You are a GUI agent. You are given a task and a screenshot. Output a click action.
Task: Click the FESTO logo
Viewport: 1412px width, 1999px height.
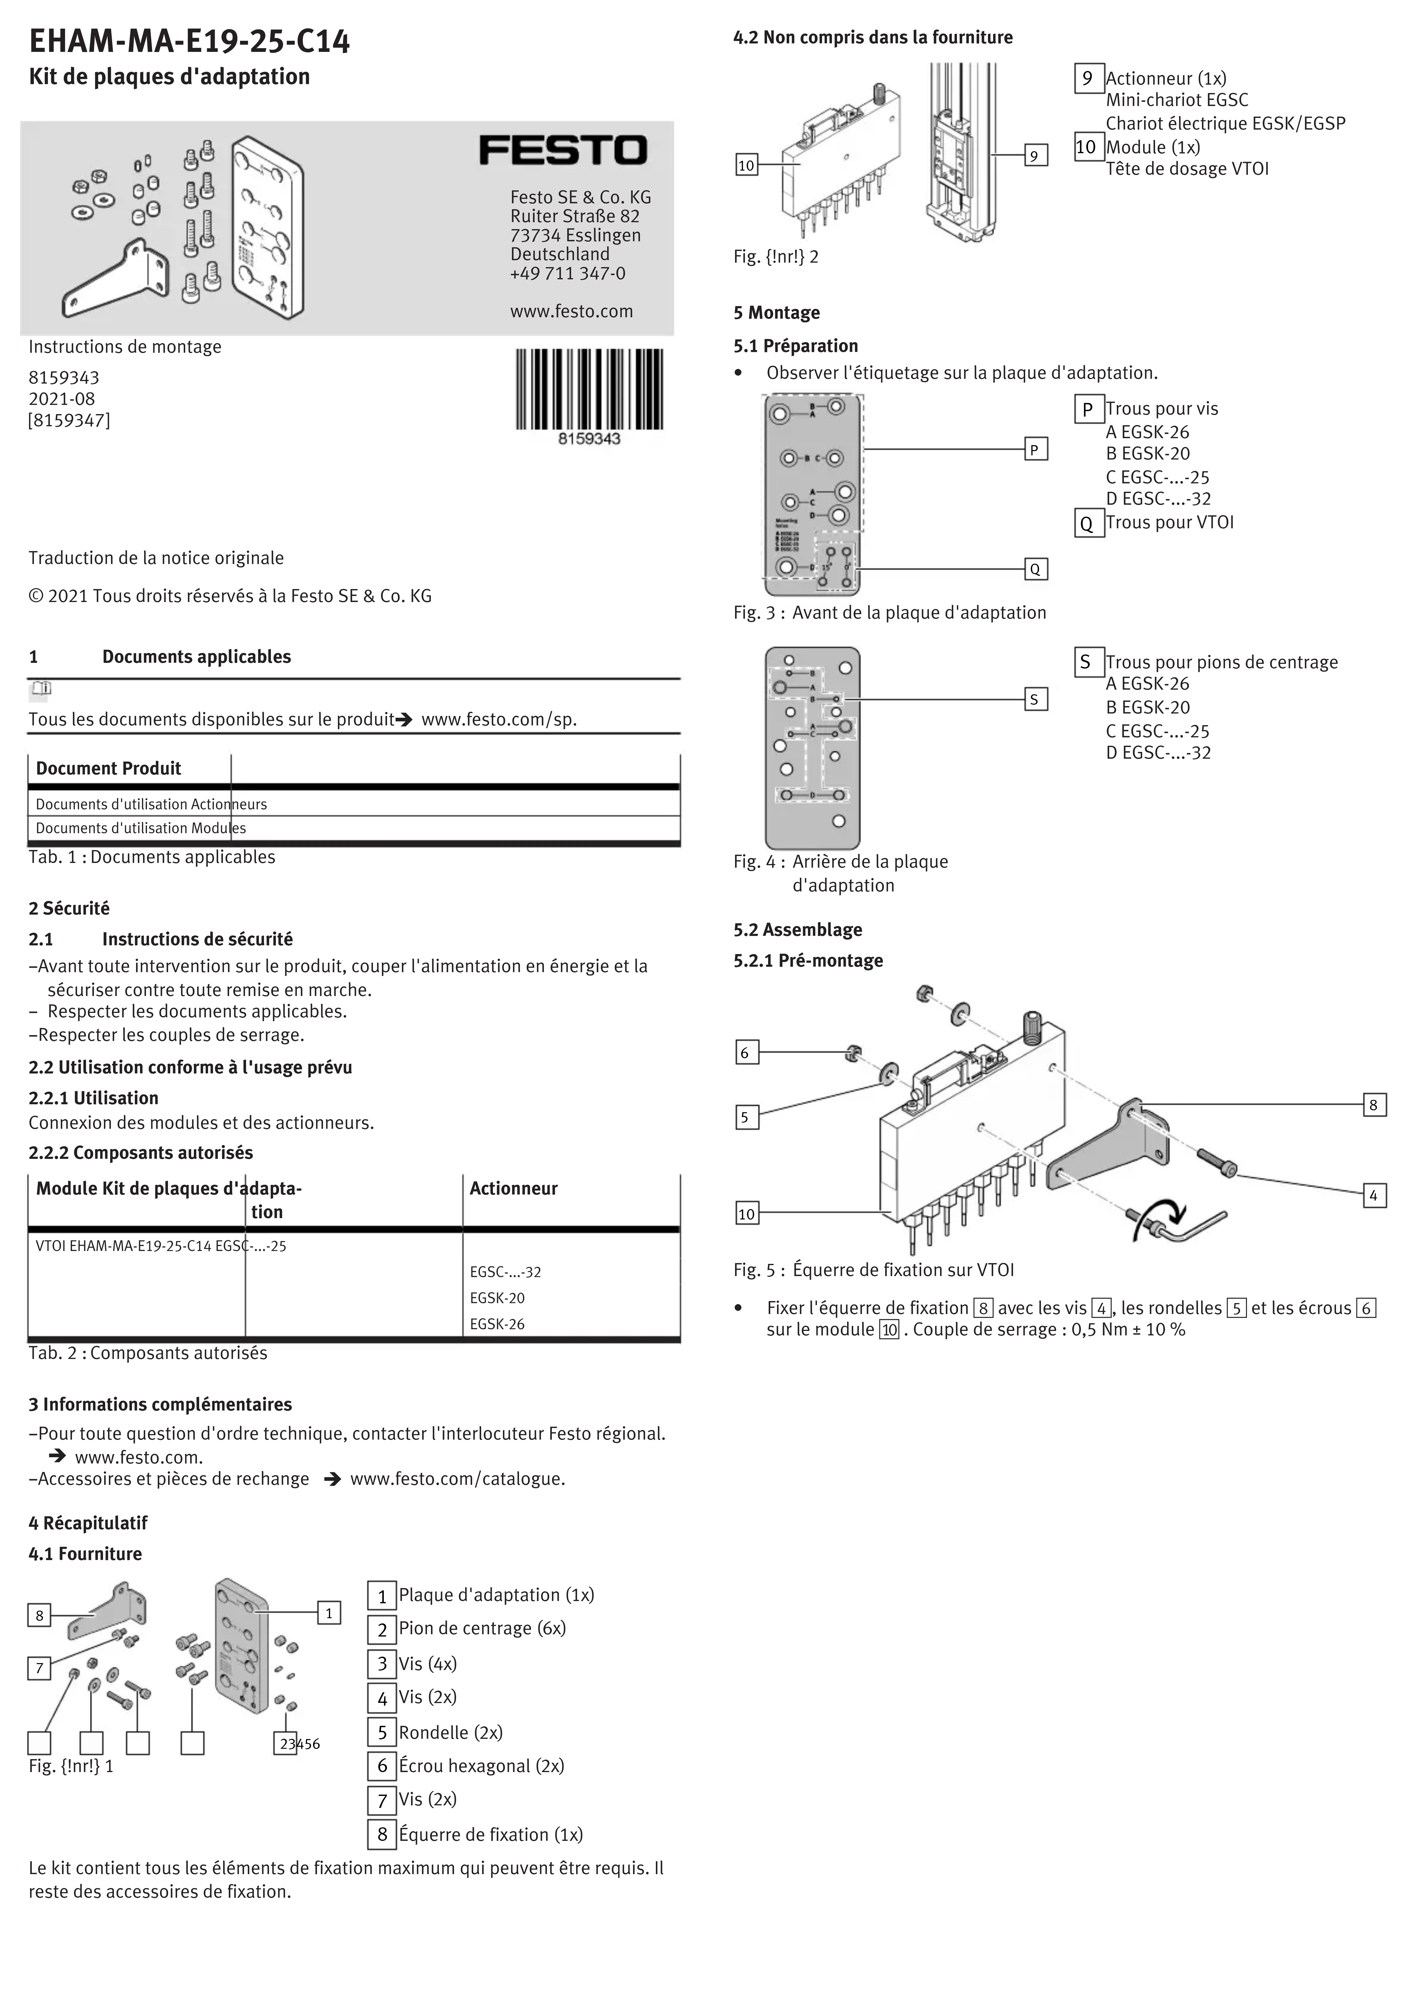pos(563,151)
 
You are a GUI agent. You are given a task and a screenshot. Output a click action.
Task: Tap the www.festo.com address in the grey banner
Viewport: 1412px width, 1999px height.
pos(571,312)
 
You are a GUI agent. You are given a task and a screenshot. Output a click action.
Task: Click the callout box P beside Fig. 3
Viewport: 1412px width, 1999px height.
pos(1034,449)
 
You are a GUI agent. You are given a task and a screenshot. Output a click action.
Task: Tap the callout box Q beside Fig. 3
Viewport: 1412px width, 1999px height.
pos(1034,570)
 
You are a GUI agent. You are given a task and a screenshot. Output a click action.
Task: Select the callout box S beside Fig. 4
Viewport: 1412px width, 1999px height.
pos(1034,699)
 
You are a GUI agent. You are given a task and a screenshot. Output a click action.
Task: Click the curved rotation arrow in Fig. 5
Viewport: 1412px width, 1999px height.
pos(1162,1213)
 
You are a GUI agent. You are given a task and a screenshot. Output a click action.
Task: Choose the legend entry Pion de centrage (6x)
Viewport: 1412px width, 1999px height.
pos(481,1628)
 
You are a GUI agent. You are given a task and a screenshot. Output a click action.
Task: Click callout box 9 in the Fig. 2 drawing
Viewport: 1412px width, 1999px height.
pos(1034,156)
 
